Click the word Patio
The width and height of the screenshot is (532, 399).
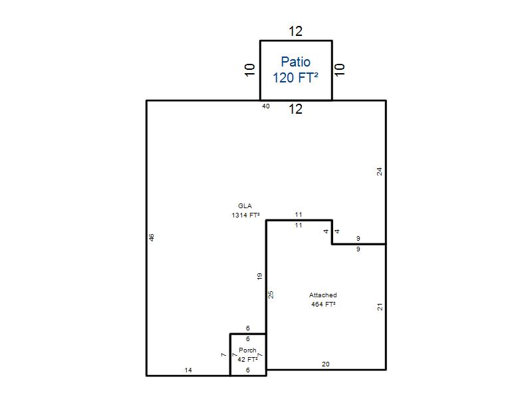[x=295, y=62]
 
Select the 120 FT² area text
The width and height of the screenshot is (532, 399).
[x=295, y=78]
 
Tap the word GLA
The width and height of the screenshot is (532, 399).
[x=245, y=206]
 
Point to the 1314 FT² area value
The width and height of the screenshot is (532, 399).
[x=245, y=215]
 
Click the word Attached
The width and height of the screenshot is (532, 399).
[x=323, y=295]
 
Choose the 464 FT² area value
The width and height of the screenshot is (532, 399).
[x=323, y=305]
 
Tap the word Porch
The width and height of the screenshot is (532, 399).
[x=247, y=350]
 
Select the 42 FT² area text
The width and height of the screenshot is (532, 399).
[x=247, y=359]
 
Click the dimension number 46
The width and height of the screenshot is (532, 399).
[x=152, y=237]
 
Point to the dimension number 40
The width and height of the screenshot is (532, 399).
[x=265, y=106]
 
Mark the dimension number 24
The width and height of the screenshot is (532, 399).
[x=379, y=172]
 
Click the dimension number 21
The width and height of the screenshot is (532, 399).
[x=380, y=307]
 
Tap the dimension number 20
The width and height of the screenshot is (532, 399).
[x=325, y=364]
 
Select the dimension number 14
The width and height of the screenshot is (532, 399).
[x=188, y=370]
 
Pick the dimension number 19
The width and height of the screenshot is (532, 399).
[x=259, y=276]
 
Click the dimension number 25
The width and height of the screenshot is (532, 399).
[x=271, y=295]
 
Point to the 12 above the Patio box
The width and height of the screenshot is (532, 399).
[x=295, y=31]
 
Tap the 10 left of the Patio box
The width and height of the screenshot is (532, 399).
[x=250, y=70]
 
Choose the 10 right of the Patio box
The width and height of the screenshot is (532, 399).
[x=340, y=70]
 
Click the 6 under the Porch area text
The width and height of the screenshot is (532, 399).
[x=247, y=370]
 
